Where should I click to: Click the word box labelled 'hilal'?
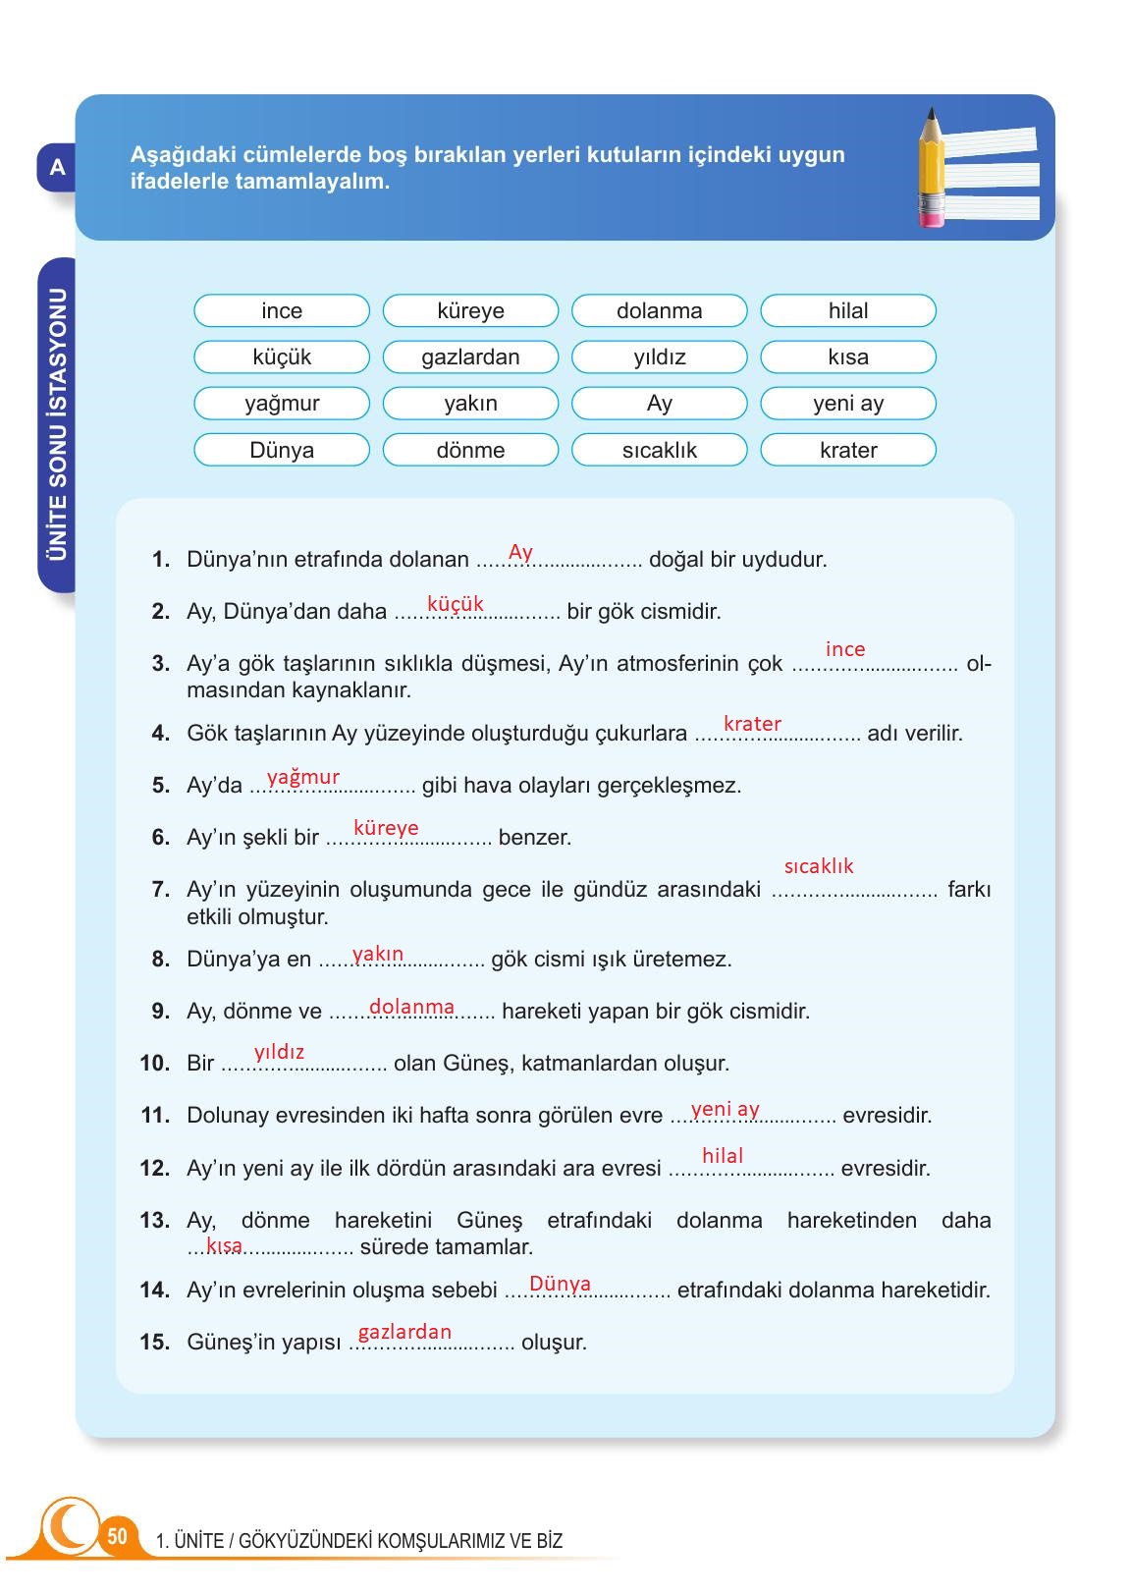pyautogui.click(x=848, y=311)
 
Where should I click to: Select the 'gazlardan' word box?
pyautogui.click(x=470, y=357)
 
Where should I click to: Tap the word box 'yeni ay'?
pyautogui.click(x=848, y=404)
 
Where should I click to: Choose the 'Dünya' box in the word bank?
pyautogui.click(x=282, y=451)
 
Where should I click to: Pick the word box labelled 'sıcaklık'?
pyautogui.click(x=659, y=451)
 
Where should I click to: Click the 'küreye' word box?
pyautogui.click(x=470, y=311)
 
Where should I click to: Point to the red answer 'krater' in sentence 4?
pyautogui.click(x=752, y=724)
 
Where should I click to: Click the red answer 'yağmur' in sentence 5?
pyautogui.click(x=303, y=777)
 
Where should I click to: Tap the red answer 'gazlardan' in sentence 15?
pyautogui.click(x=404, y=1332)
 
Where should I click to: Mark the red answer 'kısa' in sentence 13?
pyautogui.click(x=224, y=1245)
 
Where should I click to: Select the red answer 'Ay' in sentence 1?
pyautogui.click(x=520, y=552)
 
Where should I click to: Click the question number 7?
pyautogui.click(x=161, y=890)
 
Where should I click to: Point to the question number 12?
pyautogui.click(x=155, y=1169)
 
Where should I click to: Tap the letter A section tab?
pyautogui.click(x=57, y=168)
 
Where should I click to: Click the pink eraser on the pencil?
pyautogui.click(x=931, y=212)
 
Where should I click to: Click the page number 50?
pyautogui.click(x=117, y=1537)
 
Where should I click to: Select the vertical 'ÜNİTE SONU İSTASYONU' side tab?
pyautogui.click(x=58, y=424)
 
